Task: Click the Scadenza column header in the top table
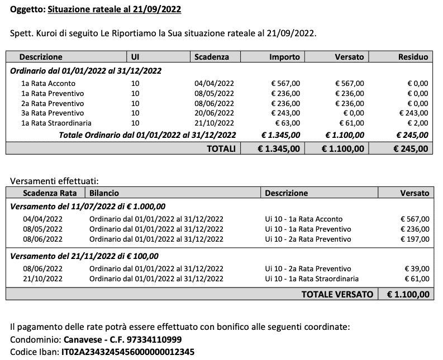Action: pos(211,57)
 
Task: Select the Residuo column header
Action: pos(413,57)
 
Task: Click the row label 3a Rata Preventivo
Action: pos(53,113)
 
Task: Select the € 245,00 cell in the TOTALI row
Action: pos(411,148)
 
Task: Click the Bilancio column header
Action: pos(104,193)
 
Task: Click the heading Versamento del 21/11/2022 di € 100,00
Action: pos(84,256)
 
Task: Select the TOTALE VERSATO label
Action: pos(337,294)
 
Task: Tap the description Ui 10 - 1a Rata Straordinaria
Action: pos(312,279)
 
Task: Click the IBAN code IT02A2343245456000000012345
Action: pos(128,352)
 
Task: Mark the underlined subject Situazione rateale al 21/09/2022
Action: pos(114,9)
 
